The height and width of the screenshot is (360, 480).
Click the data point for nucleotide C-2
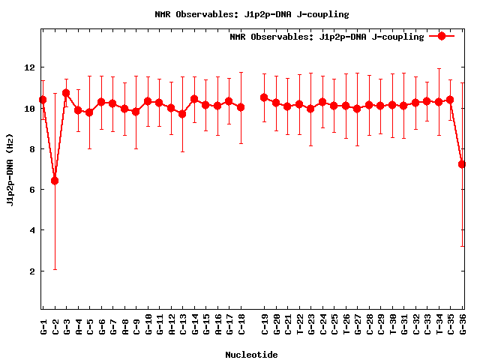tap(55, 181)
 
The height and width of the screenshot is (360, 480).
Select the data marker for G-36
tap(463, 163)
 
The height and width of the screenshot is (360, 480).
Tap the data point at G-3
tap(66, 93)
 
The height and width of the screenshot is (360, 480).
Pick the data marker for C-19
tap(264, 97)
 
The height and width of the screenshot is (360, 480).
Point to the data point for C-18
tap(241, 107)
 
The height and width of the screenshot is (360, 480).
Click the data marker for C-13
tap(182, 114)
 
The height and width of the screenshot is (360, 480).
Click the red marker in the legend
tap(442, 36)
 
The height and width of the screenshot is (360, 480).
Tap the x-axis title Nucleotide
tap(251, 355)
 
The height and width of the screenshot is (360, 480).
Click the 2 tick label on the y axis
tap(31, 271)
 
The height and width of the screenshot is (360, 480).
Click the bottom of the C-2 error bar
tap(55, 269)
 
